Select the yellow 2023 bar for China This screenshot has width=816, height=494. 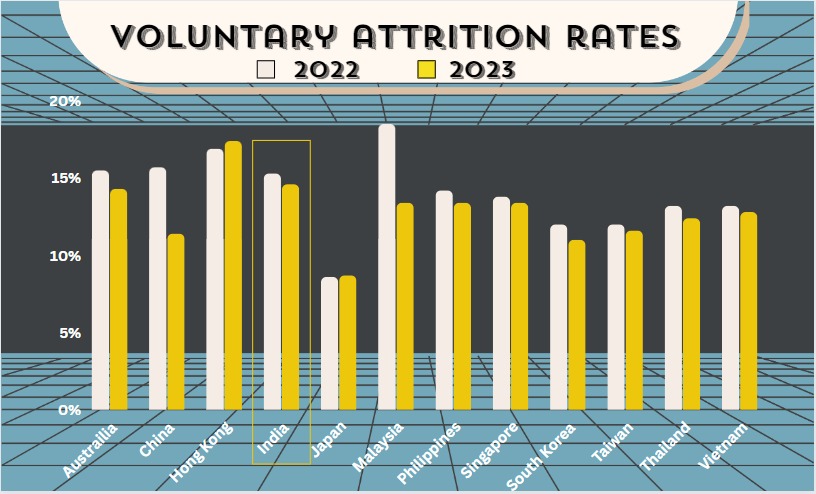[x=176, y=322]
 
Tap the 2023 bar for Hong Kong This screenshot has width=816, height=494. [x=233, y=275]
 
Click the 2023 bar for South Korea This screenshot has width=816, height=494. [x=576, y=325]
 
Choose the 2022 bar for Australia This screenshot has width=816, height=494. [x=101, y=290]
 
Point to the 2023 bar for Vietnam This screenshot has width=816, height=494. [x=748, y=311]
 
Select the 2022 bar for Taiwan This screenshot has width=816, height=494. [x=616, y=317]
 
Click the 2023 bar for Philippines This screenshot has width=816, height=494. [x=462, y=306]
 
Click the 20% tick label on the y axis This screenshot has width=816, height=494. [x=65, y=101]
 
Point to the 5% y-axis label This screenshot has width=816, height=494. [x=68, y=333]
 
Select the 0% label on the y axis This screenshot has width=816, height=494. [x=68, y=410]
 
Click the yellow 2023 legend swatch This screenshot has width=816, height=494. [x=427, y=70]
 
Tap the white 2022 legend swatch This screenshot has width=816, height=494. [x=267, y=70]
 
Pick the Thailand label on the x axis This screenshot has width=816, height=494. [x=666, y=447]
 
